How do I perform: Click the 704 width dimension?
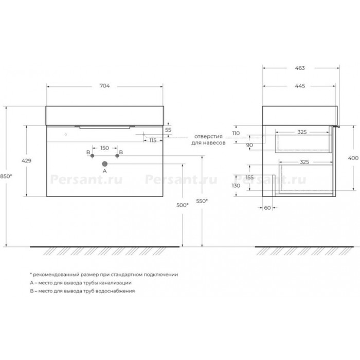pyautogui.click(x=104, y=86)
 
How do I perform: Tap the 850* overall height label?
pyautogui.click(x=6, y=176)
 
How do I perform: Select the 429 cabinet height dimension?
pyautogui.click(x=26, y=160)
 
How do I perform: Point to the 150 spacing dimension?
pyautogui.click(x=104, y=148)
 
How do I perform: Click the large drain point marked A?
pyautogui.click(x=105, y=164)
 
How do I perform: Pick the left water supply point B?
pyautogui.click(x=92, y=156)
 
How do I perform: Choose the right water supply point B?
pyautogui.click(x=117, y=156)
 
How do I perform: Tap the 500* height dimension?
pyautogui.click(x=183, y=205)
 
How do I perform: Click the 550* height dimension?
pyautogui.click(x=202, y=201)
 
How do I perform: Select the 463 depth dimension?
pyautogui.click(x=300, y=68)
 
